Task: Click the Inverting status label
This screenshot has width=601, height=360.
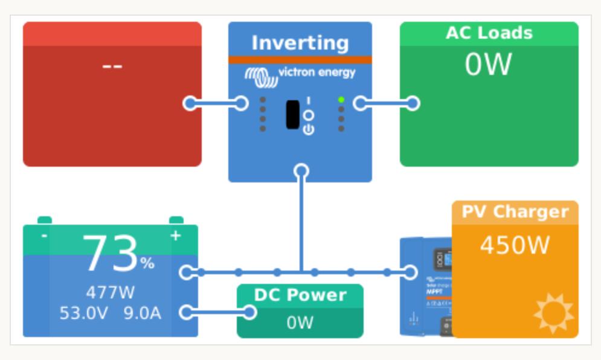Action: click(x=300, y=43)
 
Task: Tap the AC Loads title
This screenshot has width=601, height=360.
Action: click(x=489, y=33)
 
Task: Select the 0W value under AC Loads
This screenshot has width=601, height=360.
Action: click(x=488, y=64)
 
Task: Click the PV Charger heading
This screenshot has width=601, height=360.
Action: click(x=515, y=212)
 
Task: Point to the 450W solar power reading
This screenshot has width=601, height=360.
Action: click(x=515, y=245)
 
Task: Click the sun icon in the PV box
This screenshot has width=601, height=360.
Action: click(x=553, y=313)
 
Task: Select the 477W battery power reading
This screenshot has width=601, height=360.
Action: click(x=110, y=293)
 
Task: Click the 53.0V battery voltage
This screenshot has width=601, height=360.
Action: click(x=84, y=313)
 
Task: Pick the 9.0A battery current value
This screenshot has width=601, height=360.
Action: click(x=143, y=313)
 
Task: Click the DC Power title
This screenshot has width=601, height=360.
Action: click(x=300, y=295)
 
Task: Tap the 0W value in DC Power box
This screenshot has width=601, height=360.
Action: click(x=300, y=323)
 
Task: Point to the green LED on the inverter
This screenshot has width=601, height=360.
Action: click(x=341, y=100)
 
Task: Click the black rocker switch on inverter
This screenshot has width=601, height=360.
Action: click(x=293, y=114)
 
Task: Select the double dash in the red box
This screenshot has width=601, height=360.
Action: click(x=112, y=65)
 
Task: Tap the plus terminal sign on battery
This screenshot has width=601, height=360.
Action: click(x=176, y=235)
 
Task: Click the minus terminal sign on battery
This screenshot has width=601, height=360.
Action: click(x=44, y=235)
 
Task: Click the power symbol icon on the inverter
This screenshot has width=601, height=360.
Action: click(x=309, y=129)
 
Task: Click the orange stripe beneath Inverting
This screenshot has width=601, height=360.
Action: click(x=300, y=59)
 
